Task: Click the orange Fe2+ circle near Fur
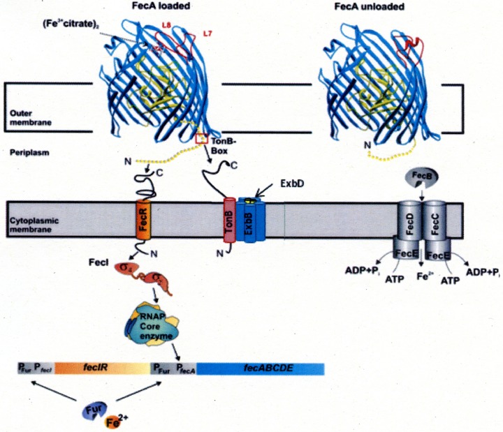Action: click(110, 421)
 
